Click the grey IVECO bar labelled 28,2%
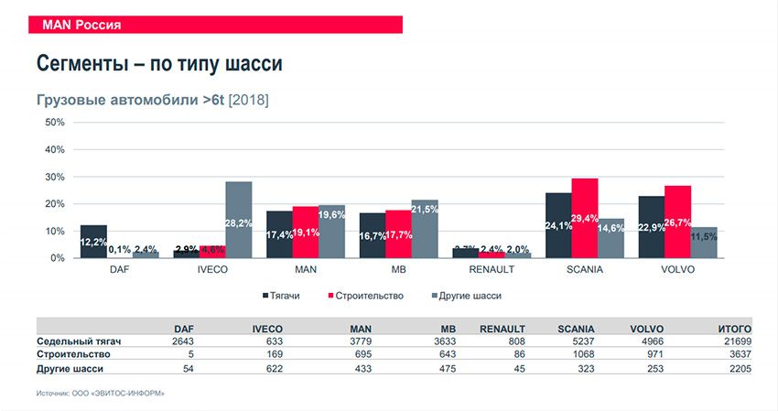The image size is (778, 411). tap(239, 220)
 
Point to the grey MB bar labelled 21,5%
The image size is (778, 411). tap(425, 229)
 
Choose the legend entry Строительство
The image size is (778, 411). tap(367, 296)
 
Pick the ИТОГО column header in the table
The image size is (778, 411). tap(734, 329)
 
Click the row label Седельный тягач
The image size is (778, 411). tap(79, 341)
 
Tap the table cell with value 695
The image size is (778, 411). tap(359, 354)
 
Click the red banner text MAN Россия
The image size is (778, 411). tap(81, 25)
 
